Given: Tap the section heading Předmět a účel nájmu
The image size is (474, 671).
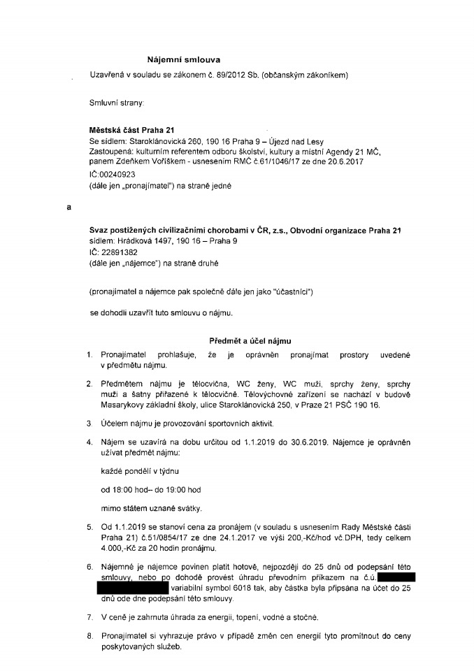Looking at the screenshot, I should point(251,340).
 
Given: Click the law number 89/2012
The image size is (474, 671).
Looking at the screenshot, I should point(222,75).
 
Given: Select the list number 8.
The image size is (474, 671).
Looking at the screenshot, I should point(89,637).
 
